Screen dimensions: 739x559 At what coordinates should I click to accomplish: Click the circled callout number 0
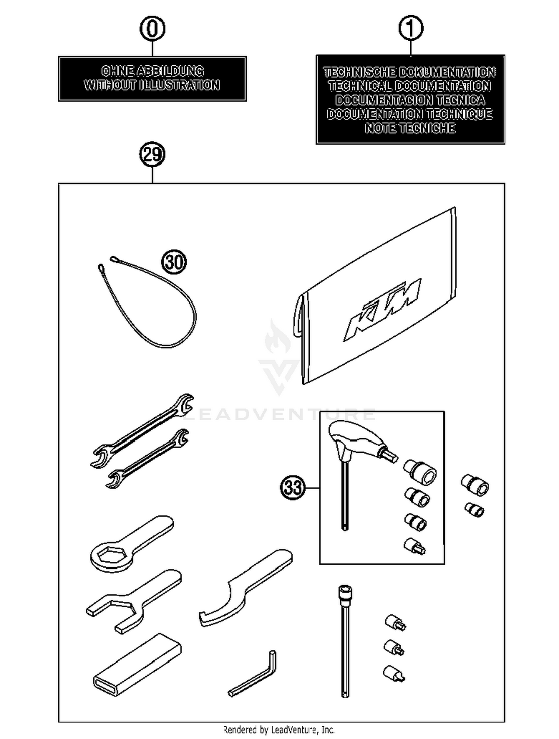[152, 29]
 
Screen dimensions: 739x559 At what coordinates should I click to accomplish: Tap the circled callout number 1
[411, 28]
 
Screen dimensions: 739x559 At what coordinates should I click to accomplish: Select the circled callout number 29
[152, 155]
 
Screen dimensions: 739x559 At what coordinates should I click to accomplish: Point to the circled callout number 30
[174, 262]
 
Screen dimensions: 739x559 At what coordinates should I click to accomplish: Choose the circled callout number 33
[293, 487]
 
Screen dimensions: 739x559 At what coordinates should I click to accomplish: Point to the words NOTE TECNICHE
[410, 128]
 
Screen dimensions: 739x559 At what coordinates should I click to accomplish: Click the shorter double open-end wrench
[147, 459]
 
